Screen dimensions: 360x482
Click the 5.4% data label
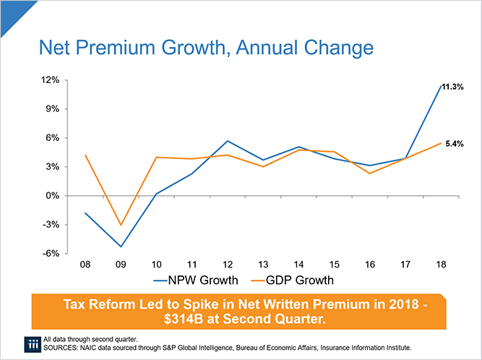pyautogui.click(x=453, y=144)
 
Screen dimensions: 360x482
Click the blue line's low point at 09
pyautogui.click(x=121, y=247)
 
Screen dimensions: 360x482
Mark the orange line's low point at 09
pyautogui.click(x=121, y=226)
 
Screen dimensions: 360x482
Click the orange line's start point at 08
pyautogui.click(x=85, y=155)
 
